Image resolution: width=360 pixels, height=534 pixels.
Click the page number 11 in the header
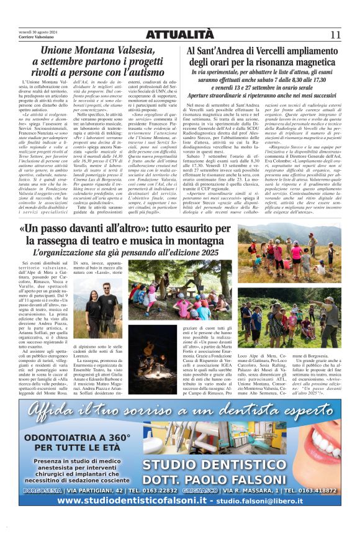pos(335,35)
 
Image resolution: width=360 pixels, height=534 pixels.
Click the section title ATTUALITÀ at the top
pos(180,35)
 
